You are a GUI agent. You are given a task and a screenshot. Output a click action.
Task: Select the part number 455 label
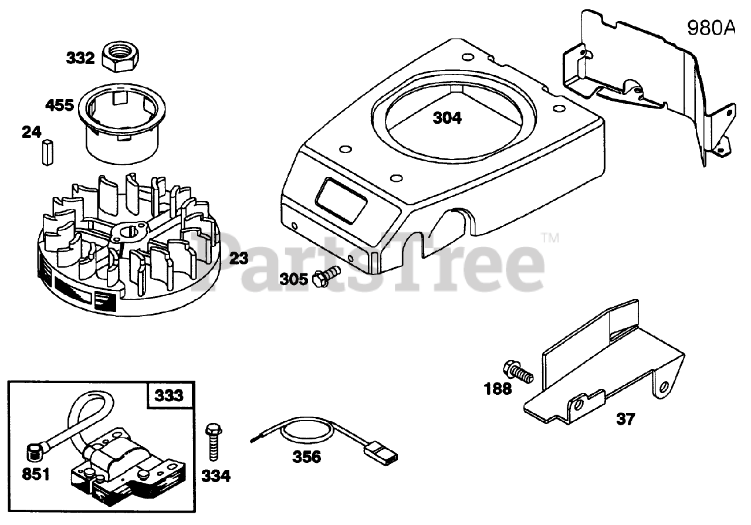[60, 106]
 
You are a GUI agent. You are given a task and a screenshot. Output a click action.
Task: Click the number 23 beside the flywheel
[239, 258]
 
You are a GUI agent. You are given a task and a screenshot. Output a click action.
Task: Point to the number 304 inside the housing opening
[447, 118]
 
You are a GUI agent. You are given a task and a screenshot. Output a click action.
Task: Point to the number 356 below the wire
[307, 456]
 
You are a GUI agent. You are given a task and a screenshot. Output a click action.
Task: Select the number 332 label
[80, 58]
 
